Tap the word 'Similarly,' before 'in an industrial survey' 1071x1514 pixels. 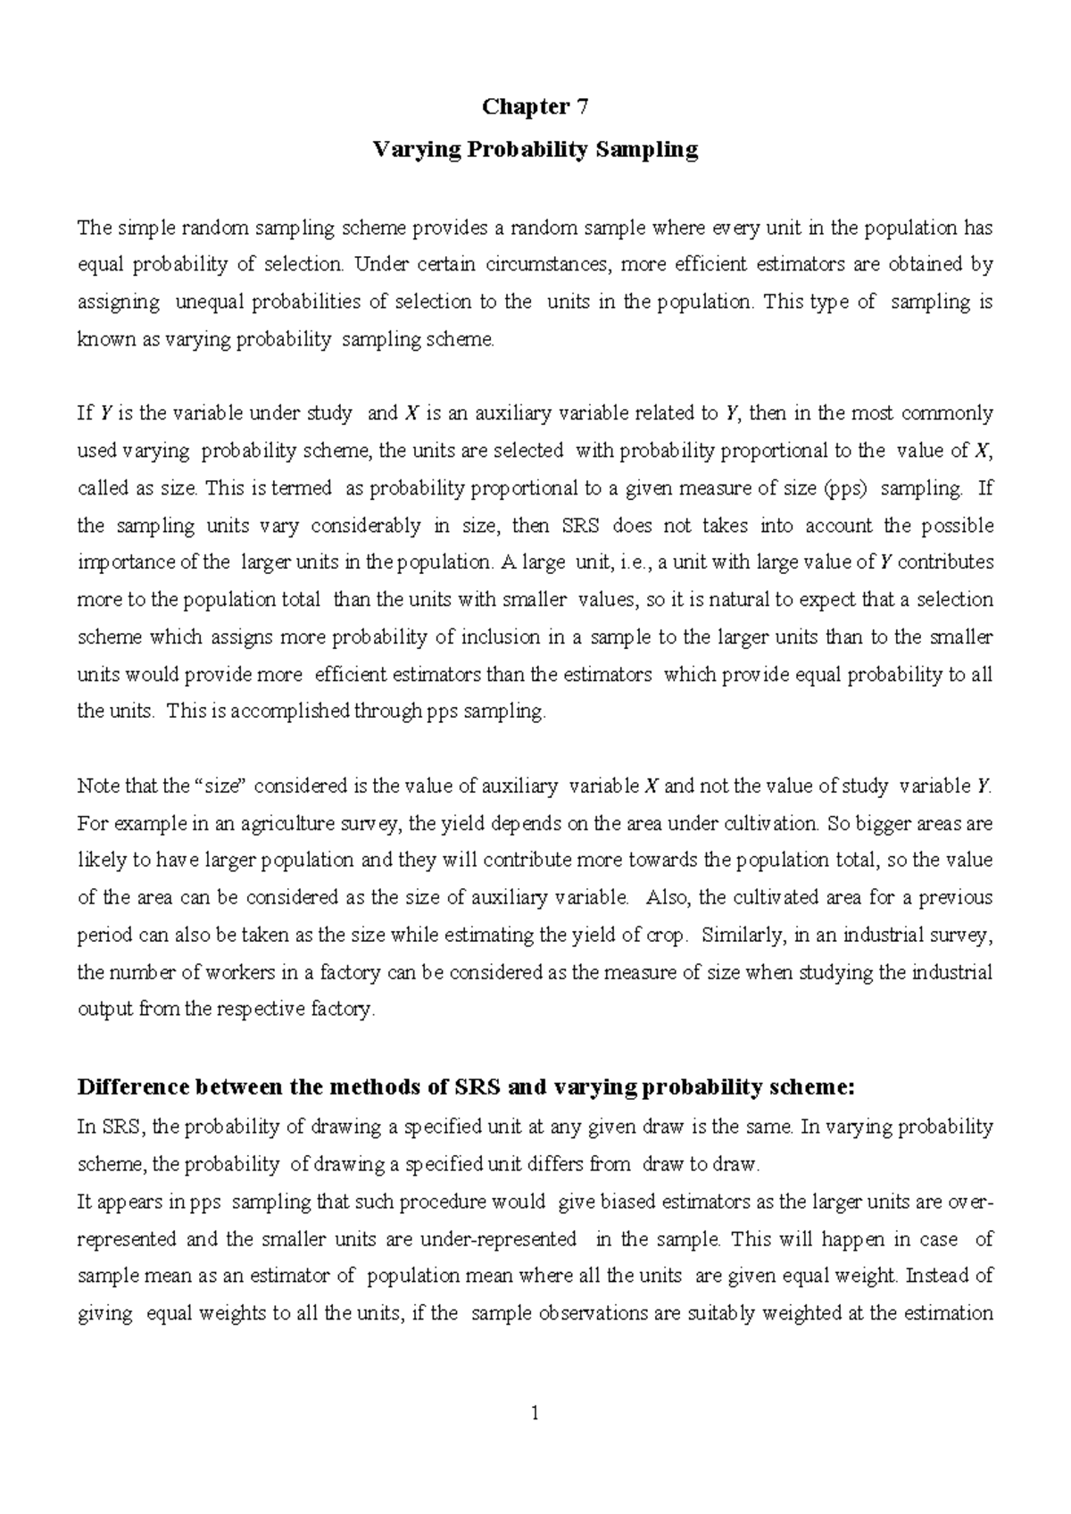pyautogui.click(x=743, y=936)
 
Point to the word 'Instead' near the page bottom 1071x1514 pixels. pyautogui.click(x=934, y=1277)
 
